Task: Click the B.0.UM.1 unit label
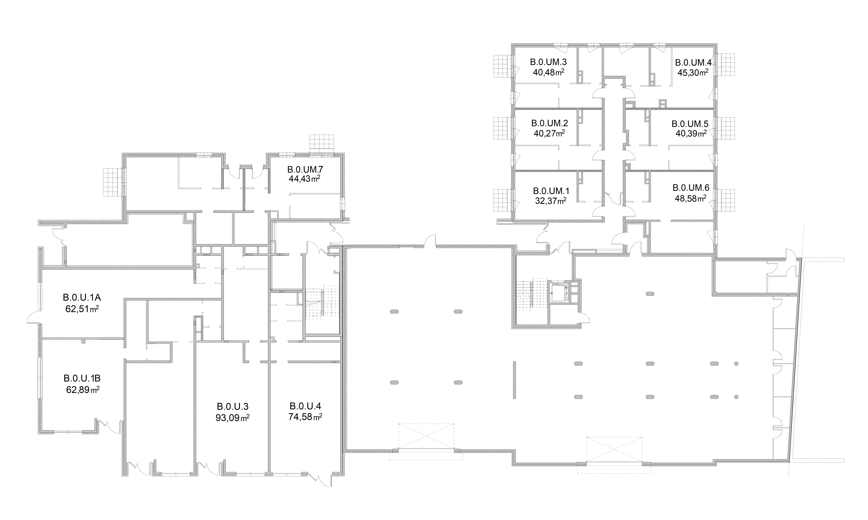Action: tap(551, 191)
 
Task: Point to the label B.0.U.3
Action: tap(232, 406)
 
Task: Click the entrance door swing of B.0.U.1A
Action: tap(34, 317)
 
